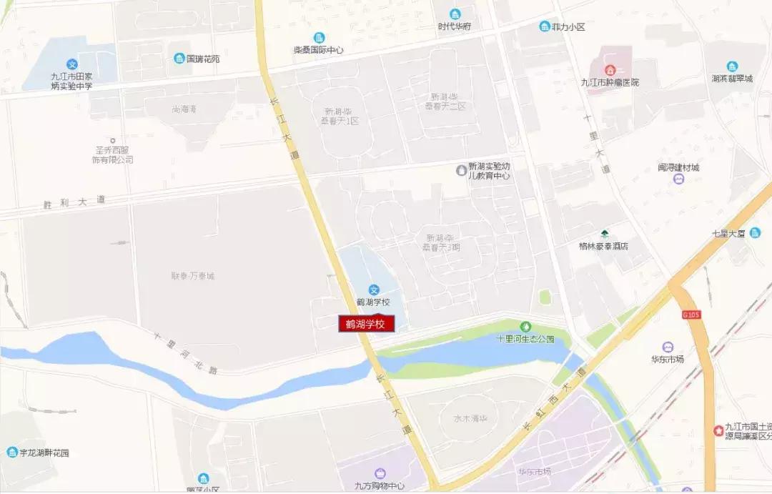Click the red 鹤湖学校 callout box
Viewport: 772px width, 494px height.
click(x=365, y=324)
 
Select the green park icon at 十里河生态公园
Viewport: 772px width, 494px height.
click(x=526, y=327)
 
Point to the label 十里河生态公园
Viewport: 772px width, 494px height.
click(x=526, y=339)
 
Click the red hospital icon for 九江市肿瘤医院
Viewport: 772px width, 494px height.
click(x=610, y=69)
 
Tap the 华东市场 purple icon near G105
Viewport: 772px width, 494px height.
click(x=668, y=347)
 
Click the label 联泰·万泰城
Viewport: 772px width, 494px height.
click(x=192, y=275)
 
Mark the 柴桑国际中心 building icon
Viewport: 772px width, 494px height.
click(x=319, y=37)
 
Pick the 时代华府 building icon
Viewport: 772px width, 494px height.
click(x=455, y=14)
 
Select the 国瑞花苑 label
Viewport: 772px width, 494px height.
click(x=203, y=59)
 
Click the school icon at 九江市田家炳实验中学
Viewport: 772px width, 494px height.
click(x=71, y=64)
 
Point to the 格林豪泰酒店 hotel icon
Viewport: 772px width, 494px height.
click(x=604, y=233)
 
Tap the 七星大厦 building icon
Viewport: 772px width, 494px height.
click(x=756, y=232)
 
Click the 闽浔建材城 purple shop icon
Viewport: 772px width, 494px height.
click(x=678, y=179)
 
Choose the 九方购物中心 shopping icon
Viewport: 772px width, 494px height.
click(x=379, y=473)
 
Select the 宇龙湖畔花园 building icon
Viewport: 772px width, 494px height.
click(x=12, y=453)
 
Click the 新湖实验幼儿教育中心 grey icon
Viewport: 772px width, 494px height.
click(x=461, y=170)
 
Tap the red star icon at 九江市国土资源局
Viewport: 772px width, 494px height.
click(x=718, y=430)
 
